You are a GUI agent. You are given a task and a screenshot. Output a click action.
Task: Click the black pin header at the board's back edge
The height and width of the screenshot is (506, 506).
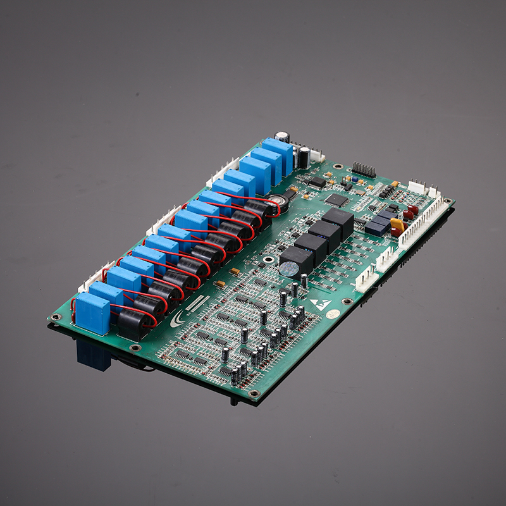point(364,170)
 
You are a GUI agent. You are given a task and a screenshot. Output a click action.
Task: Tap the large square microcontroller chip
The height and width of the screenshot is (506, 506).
point(336,199)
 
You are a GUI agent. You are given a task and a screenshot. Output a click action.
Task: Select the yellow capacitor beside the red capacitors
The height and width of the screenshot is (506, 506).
point(397,225)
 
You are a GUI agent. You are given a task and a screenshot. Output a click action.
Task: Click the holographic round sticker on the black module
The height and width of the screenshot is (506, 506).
point(290,269)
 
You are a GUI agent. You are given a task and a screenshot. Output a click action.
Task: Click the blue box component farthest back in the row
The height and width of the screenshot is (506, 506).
point(278,154)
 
